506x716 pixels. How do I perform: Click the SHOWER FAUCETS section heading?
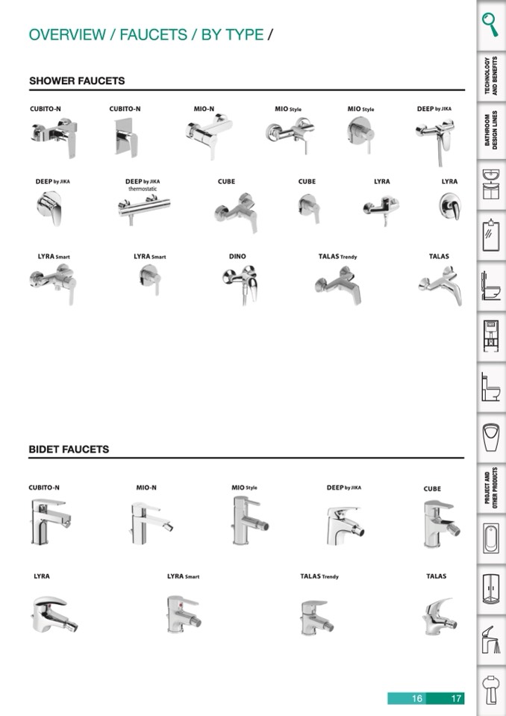(77, 81)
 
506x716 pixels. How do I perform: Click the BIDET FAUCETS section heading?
(69, 449)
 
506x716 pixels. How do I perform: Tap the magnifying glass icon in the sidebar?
(490, 25)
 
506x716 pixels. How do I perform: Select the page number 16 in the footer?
(416, 699)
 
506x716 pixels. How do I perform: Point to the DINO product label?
(237, 257)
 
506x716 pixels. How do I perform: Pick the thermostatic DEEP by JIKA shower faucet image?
(144, 208)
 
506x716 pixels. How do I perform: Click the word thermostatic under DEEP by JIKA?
(143, 189)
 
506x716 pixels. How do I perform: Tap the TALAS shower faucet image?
(439, 284)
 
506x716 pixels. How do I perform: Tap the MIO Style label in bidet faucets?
(244, 488)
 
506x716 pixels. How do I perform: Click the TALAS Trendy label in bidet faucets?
(319, 576)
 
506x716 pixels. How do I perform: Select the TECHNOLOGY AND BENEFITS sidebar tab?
(490, 75)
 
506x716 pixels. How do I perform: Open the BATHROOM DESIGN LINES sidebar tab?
(490, 131)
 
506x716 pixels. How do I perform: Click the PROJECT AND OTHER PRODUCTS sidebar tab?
(490, 489)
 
